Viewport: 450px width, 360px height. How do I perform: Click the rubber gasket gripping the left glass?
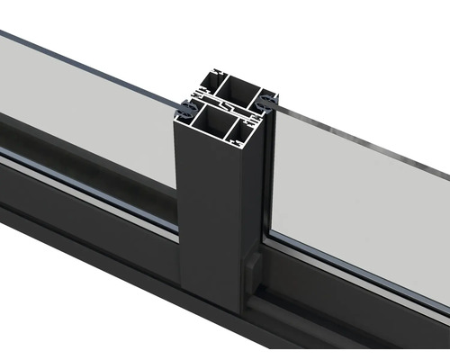(x=184, y=110)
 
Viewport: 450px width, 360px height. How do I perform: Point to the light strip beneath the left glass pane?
(x=90, y=180)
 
